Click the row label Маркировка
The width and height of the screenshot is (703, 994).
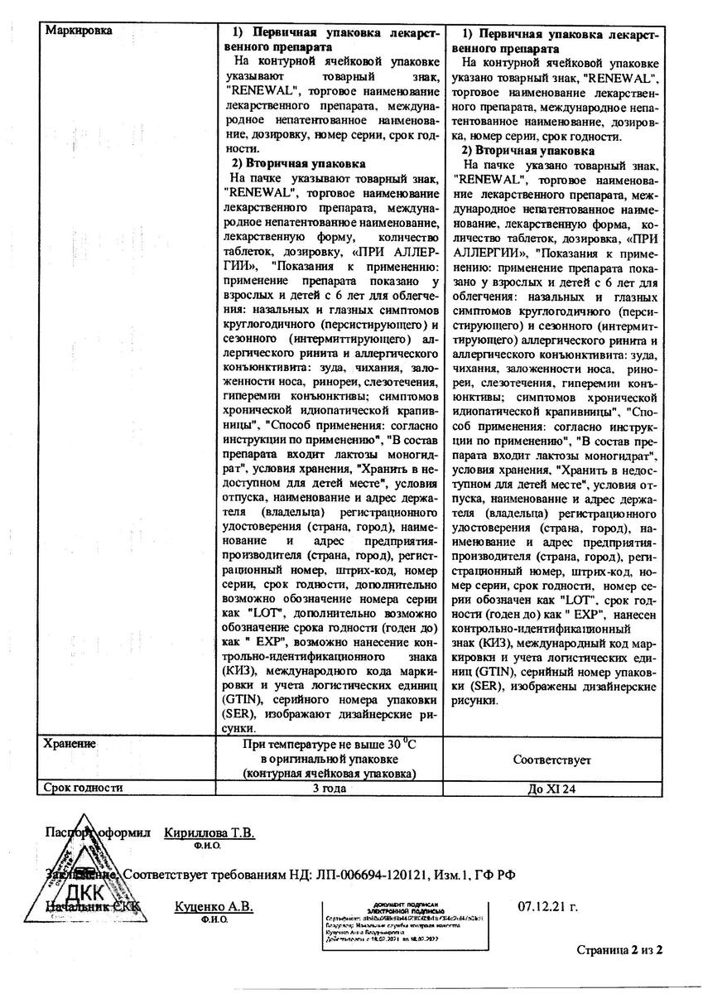coord(79,31)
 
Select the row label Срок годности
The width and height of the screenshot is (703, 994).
coord(84,788)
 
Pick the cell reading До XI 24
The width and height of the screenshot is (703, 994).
coord(551,789)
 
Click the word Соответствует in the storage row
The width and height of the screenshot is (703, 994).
coord(551,759)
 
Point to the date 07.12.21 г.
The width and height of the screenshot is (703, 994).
coord(547,907)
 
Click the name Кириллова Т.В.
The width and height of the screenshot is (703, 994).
coord(210,833)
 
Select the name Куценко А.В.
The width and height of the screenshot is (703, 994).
coord(214,907)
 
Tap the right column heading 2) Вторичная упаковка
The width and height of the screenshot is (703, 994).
coord(528,151)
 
